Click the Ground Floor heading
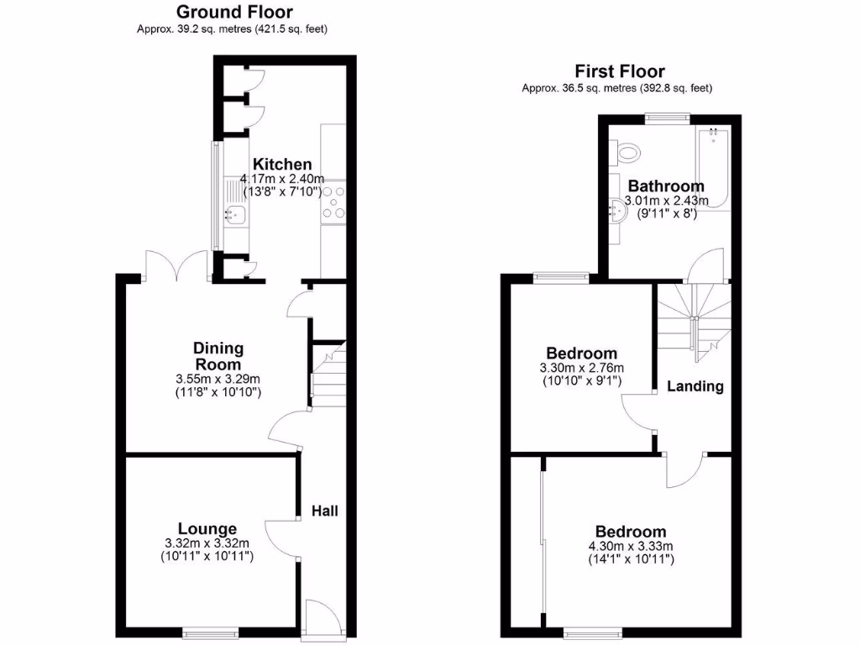pyautogui.click(x=234, y=12)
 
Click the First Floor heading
pyautogui.click(x=619, y=71)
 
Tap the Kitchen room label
pyautogui.click(x=283, y=165)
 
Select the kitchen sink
pyautogui.click(x=233, y=216)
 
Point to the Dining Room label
pyautogui.click(x=218, y=356)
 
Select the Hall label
pyautogui.click(x=325, y=511)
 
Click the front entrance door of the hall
pyautogui.click(x=323, y=617)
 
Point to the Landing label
pyautogui.click(x=695, y=386)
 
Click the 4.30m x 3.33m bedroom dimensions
pyautogui.click(x=630, y=547)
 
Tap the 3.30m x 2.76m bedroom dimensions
pyautogui.click(x=581, y=369)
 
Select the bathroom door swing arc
pyautogui.click(x=707, y=263)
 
